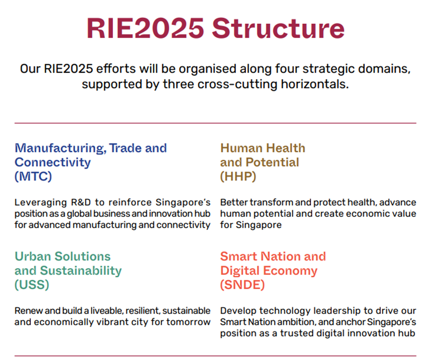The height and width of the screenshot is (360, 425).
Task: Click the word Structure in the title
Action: [x=278, y=29]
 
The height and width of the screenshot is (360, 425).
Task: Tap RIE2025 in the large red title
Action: [x=145, y=29]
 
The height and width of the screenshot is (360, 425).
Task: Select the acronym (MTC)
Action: [x=33, y=177]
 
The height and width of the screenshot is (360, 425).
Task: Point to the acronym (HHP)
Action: [x=238, y=177]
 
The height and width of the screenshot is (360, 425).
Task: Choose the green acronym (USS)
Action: [x=32, y=285]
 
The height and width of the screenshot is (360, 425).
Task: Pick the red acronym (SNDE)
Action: [x=242, y=285]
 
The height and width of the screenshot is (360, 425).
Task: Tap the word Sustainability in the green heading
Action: [x=81, y=271]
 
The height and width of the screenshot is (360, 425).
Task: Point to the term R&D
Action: [x=81, y=203]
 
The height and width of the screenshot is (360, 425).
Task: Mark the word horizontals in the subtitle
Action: [x=314, y=84]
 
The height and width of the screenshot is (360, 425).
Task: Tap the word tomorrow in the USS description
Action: [x=188, y=322]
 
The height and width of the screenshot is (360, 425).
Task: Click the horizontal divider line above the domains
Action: [x=215, y=123]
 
